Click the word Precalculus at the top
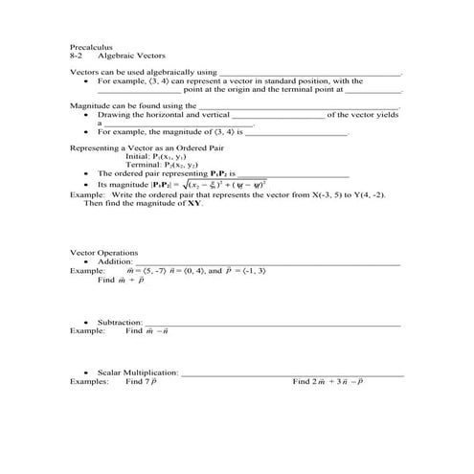pos(92,46)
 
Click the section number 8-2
pos(78,56)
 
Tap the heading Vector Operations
pos(104,253)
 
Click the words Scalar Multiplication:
pos(138,371)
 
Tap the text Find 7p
pos(140,380)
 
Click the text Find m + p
pos(121,281)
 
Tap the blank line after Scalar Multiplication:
pos(292,372)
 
